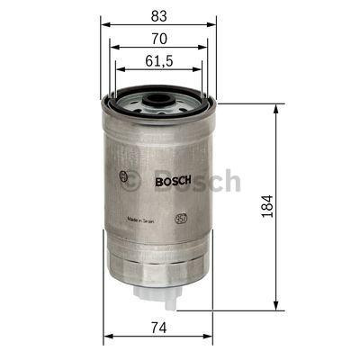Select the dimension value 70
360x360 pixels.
(x=157, y=40)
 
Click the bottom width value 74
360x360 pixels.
(x=159, y=327)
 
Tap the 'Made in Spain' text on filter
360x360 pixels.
(x=145, y=219)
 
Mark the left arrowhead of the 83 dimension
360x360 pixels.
(x=101, y=24)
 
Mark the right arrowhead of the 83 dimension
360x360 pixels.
(x=216, y=24)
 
